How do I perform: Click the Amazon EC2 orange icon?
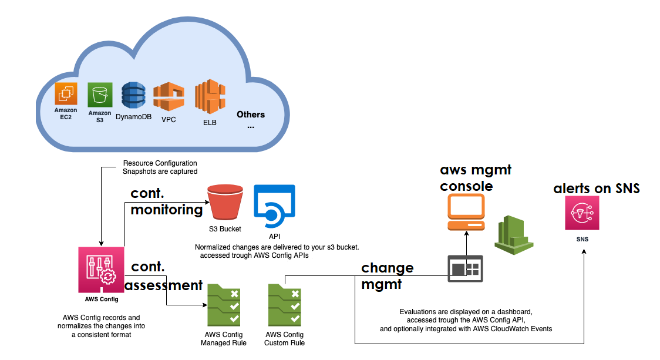[x=66, y=94]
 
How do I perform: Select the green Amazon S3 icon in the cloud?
[x=100, y=95]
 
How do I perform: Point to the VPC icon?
[x=169, y=97]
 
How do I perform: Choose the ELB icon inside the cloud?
[x=210, y=97]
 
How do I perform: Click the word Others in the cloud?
[x=251, y=115]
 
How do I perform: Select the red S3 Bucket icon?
[x=225, y=203]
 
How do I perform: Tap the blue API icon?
[x=274, y=206]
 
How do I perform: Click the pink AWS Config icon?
[x=101, y=269]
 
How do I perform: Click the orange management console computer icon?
[x=466, y=212]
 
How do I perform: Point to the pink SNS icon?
[x=582, y=213]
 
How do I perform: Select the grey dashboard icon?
[x=465, y=268]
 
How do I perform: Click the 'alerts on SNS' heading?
[x=596, y=189]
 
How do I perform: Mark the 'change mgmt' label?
[x=388, y=276]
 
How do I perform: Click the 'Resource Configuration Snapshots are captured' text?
[x=160, y=167]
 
